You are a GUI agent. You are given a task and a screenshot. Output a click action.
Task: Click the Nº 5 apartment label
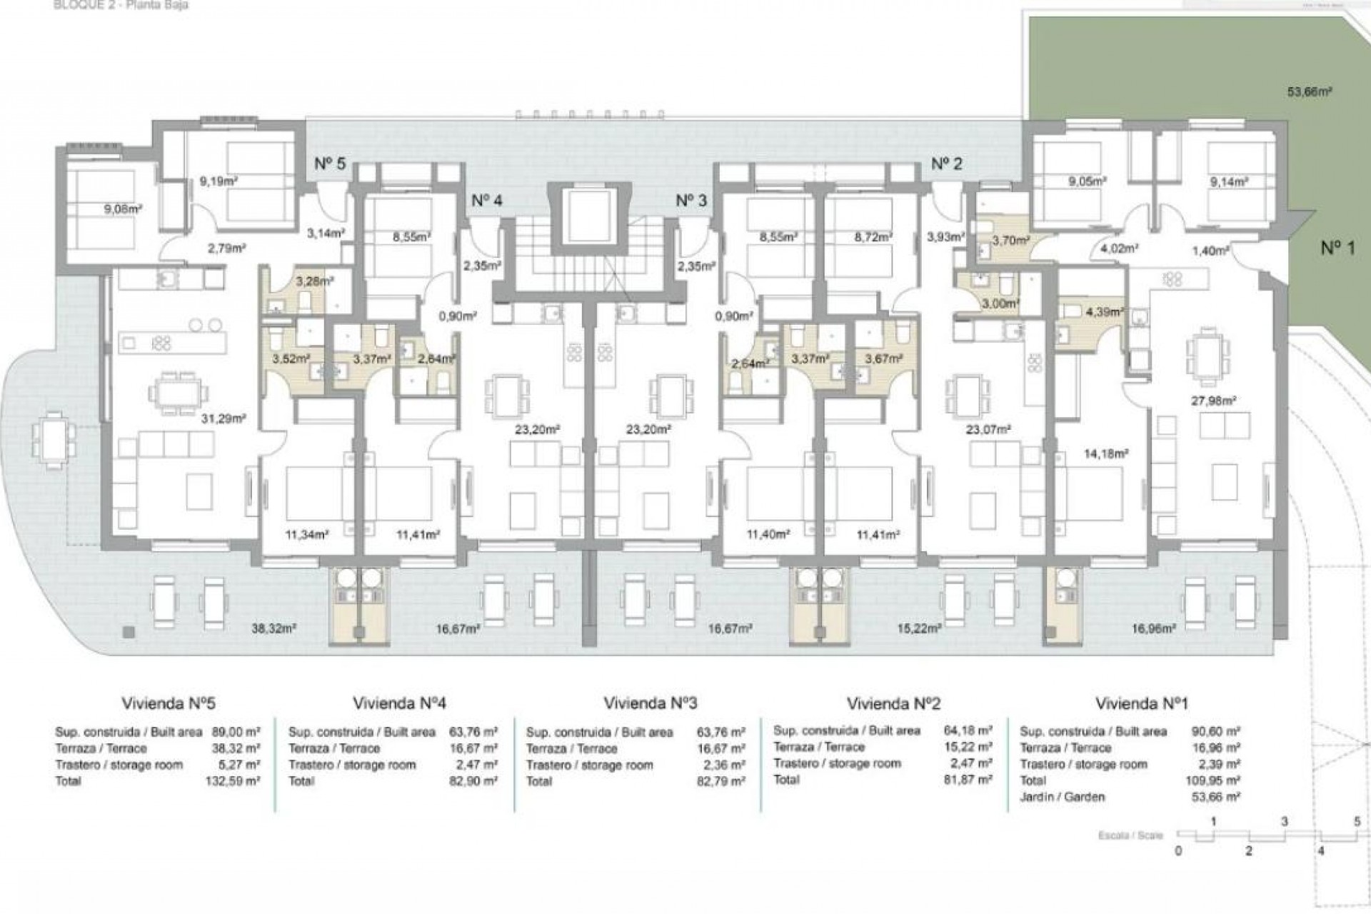coord(330,164)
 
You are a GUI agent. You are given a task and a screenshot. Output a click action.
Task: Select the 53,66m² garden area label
coord(1310,92)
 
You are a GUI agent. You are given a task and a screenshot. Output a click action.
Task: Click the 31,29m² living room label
coord(224,418)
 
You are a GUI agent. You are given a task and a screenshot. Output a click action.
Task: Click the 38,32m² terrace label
coord(273,629)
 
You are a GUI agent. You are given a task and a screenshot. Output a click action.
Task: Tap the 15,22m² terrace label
coord(919,629)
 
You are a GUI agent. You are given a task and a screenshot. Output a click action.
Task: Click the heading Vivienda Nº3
coord(650,703)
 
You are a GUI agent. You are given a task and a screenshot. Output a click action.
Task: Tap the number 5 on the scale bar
coord(1357,822)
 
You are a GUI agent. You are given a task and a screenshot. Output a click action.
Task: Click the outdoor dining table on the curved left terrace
coord(54,441)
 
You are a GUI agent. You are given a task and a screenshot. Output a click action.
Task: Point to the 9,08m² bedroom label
coord(122,209)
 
